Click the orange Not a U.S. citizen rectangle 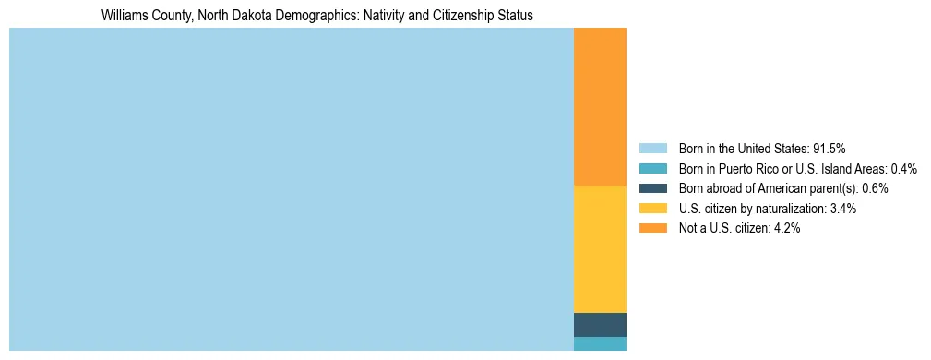pyautogui.click(x=600, y=106)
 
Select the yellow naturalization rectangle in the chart pyautogui.click(x=600, y=249)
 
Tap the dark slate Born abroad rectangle pyautogui.click(x=600, y=325)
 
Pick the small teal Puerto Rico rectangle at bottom pyautogui.click(x=600, y=343)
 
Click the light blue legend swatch pyautogui.click(x=652, y=148)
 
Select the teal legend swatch pyautogui.click(x=652, y=168)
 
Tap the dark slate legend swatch pyautogui.click(x=652, y=188)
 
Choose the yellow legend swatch pyautogui.click(x=652, y=209)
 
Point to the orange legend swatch pyautogui.click(x=652, y=229)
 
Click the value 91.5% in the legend pyautogui.click(x=829, y=148)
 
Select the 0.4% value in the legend pyautogui.click(x=903, y=168)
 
